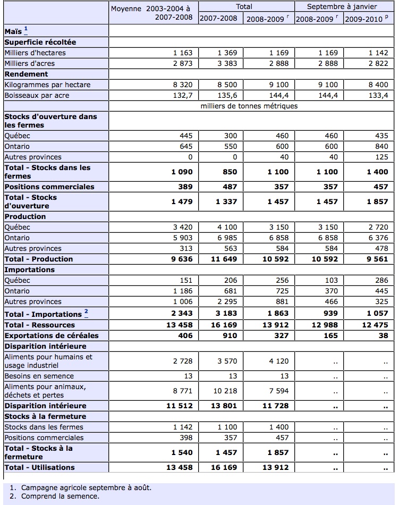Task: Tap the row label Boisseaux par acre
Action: pos(37,96)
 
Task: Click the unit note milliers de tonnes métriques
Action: pos(249,106)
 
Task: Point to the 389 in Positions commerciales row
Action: pos(185,187)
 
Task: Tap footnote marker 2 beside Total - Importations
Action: pos(86,313)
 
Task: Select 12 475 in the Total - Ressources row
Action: pos(375,325)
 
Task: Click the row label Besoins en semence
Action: pos(39,376)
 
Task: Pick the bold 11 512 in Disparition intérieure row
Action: pos(179,406)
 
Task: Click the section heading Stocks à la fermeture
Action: pos(45,417)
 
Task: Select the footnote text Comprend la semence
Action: pos(60,496)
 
